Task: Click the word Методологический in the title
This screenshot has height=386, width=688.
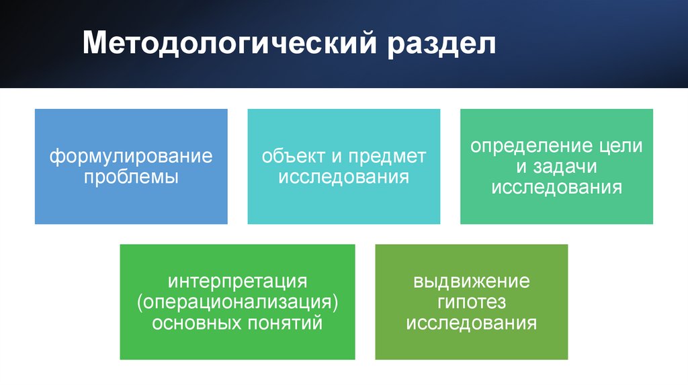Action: (x=228, y=44)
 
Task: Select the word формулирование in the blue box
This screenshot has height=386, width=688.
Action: (x=131, y=157)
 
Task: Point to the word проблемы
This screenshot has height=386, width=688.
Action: (x=131, y=178)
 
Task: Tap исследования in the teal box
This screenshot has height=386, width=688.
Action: (x=344, y=178)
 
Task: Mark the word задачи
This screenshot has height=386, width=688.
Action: (x=567, y=166)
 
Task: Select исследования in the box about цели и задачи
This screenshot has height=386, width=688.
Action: (x=556, y=187)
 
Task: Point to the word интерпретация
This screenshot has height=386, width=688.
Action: (x=238, y=280)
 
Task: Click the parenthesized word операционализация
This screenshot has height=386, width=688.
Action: (x=238, y=301)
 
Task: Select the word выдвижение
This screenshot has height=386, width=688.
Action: (x=472, y=280)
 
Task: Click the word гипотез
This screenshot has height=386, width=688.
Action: (x=472, y=301)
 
